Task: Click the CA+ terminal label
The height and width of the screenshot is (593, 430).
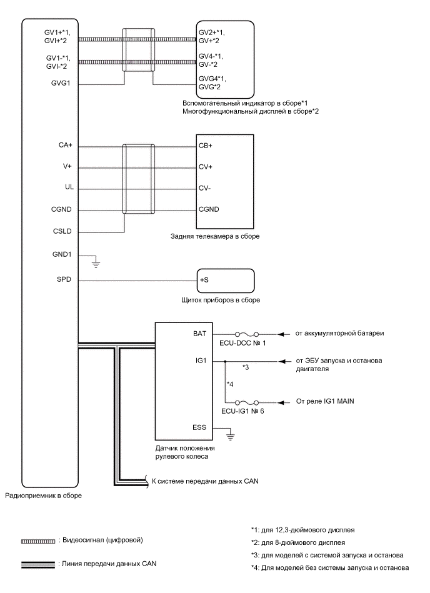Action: tap(66, 146)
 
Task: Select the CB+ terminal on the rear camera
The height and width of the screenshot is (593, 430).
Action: tap(206, 146)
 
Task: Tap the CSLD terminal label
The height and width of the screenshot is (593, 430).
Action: tap(63, 232)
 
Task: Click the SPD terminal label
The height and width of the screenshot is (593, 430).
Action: tap(64, 281)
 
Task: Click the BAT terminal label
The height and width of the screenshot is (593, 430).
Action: tap(200, 335)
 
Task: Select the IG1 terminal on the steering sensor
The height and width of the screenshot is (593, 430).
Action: tap(201, 361)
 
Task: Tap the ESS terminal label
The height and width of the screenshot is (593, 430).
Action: tap(200, 427)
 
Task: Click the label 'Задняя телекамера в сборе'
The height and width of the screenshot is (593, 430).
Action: tap(214, 237)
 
